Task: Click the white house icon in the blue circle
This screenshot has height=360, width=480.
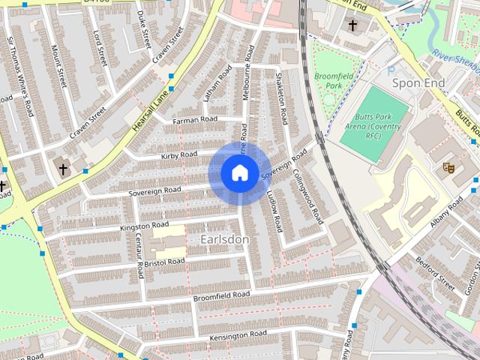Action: tap(239, 173)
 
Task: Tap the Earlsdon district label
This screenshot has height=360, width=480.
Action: tap(225, 238)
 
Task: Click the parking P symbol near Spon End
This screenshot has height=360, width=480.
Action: tap(390, 71)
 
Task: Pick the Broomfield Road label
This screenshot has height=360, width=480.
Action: tap(221, 297)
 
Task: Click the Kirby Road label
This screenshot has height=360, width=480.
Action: tap(178, 155)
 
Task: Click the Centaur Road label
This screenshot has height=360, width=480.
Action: tap(139, 253)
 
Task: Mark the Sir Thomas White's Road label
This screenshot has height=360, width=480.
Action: tap(21, 76)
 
